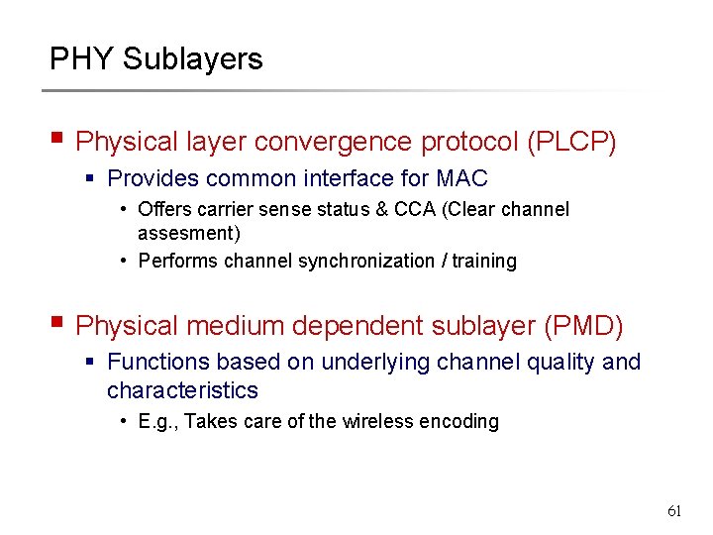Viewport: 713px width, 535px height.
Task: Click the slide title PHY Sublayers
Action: (156, 59)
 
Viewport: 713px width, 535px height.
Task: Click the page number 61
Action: (674, 511)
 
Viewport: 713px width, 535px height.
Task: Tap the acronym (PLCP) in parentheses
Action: (572, 143)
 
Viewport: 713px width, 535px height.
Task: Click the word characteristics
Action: (182, 390)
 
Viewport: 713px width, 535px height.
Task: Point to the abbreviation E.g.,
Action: (158, 421)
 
